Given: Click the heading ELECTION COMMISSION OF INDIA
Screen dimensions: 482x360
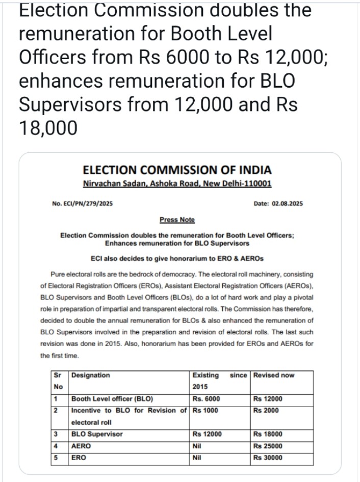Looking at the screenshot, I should (177, 170).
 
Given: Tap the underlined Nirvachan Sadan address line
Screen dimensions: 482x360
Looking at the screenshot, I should (177, 184).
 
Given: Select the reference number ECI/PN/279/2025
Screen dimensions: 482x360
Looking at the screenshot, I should (82, 204).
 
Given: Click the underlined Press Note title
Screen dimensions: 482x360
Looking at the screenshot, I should (177, 220).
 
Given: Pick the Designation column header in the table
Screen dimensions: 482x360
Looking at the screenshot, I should (91, 376).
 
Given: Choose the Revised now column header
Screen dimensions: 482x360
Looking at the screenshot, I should (274, 376).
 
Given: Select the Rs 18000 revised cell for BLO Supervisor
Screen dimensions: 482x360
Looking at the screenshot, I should (268, 435).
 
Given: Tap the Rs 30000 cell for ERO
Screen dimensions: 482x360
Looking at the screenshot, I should (268, 458).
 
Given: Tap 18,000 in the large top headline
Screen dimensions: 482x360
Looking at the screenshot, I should (48, 128).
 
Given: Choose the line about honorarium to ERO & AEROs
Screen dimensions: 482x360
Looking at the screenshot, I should (177, 259).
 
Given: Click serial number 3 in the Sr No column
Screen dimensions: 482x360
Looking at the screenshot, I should (55, 435).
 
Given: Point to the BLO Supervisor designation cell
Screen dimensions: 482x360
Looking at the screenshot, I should (97, 435).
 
